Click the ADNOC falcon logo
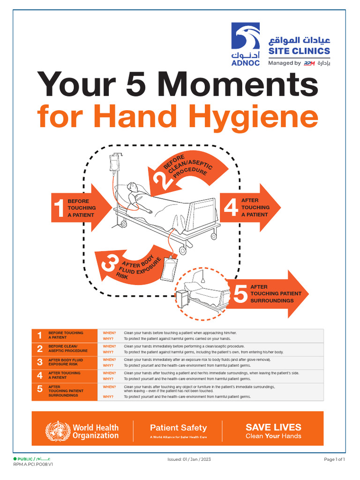[245, 38]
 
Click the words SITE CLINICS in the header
[299, 51]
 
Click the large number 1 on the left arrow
[59, 208]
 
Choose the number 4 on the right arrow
[231, 208]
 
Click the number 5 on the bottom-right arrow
[240, 294]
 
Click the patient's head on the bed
[133, 187]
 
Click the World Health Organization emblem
[57, 432]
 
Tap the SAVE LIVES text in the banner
[273, 427]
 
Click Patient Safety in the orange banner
[178, 427]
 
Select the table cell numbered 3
[39, 362]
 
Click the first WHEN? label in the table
[109, 333]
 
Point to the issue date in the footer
[186, 459]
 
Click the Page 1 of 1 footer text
[334, 459]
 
